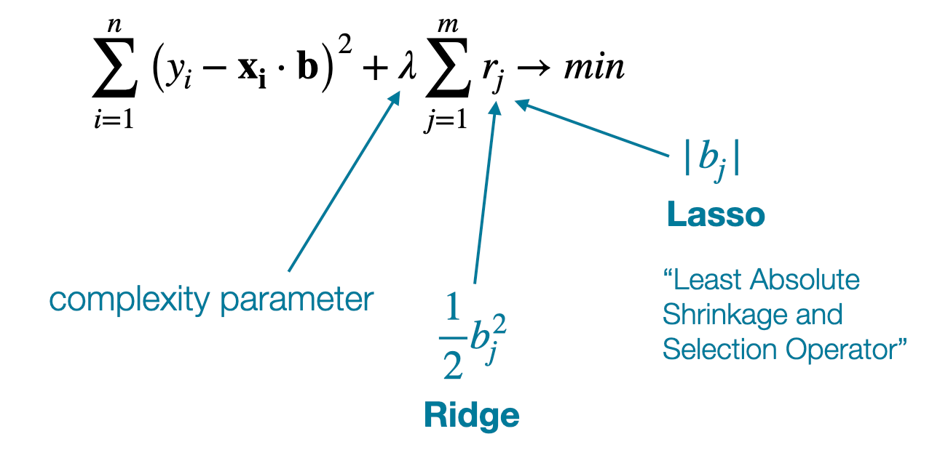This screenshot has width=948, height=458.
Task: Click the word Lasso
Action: pyautogui.click(x=716, y=215)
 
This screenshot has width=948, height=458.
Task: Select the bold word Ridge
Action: pyautogui.click(x=472, y=415)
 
